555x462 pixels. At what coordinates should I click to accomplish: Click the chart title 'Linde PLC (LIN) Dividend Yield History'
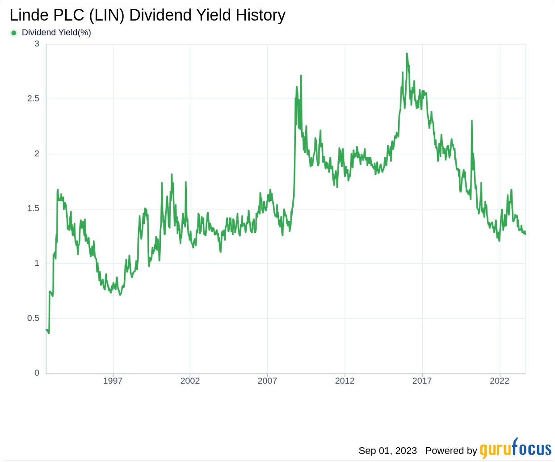147,15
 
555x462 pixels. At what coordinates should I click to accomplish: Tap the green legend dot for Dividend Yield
14,33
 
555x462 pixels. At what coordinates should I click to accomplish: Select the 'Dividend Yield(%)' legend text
56,33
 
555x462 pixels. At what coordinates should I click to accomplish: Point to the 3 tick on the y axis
37,44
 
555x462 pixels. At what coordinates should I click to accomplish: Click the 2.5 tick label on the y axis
34,99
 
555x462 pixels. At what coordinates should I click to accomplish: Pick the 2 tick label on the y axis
37,154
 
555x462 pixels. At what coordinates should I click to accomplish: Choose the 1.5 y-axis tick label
34,209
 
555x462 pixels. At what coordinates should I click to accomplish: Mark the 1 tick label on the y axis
37,263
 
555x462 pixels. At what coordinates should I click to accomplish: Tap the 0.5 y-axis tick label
34,318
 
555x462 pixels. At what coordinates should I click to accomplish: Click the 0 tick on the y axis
37,373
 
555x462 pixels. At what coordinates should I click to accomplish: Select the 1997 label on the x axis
113,381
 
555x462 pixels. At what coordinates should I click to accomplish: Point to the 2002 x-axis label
190,381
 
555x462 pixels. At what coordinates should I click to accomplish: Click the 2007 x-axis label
267,381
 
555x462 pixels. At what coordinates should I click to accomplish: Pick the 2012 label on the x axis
345,381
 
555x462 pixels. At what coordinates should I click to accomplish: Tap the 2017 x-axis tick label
422,381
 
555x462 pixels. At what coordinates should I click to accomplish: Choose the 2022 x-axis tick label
499,381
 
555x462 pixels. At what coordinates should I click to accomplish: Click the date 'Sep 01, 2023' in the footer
387,451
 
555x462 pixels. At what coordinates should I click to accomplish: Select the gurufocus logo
515,449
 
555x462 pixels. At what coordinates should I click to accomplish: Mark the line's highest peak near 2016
407,54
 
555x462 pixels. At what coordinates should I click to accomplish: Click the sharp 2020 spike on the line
471,121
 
